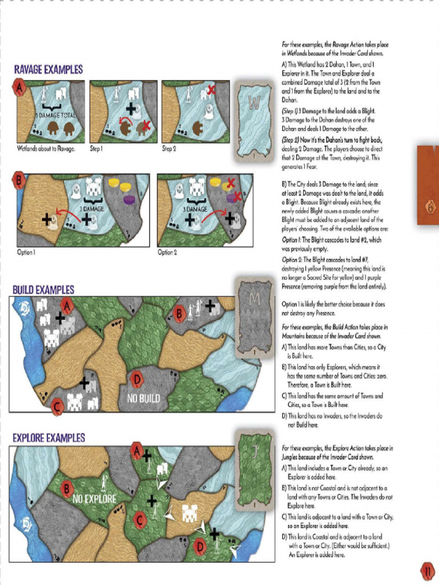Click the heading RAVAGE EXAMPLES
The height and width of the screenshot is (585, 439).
(48, 69)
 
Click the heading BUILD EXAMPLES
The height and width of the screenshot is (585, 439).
(43, 290)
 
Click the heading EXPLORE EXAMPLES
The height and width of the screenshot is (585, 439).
(49, 438)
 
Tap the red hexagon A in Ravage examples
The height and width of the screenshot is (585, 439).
(19, 87)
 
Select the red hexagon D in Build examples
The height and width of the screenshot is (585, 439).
(136, 379)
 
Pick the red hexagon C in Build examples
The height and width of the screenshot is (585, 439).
(57, 407)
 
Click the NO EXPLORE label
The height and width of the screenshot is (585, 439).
(94, 499)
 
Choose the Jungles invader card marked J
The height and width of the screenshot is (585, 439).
(255, 469)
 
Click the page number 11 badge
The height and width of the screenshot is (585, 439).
(427, 571)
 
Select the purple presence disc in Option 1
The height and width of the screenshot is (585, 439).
(129, 199)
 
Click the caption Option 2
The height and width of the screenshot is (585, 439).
(167, 253)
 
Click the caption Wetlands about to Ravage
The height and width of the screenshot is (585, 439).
(46, 149)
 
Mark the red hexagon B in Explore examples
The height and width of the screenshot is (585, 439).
(67, 489)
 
